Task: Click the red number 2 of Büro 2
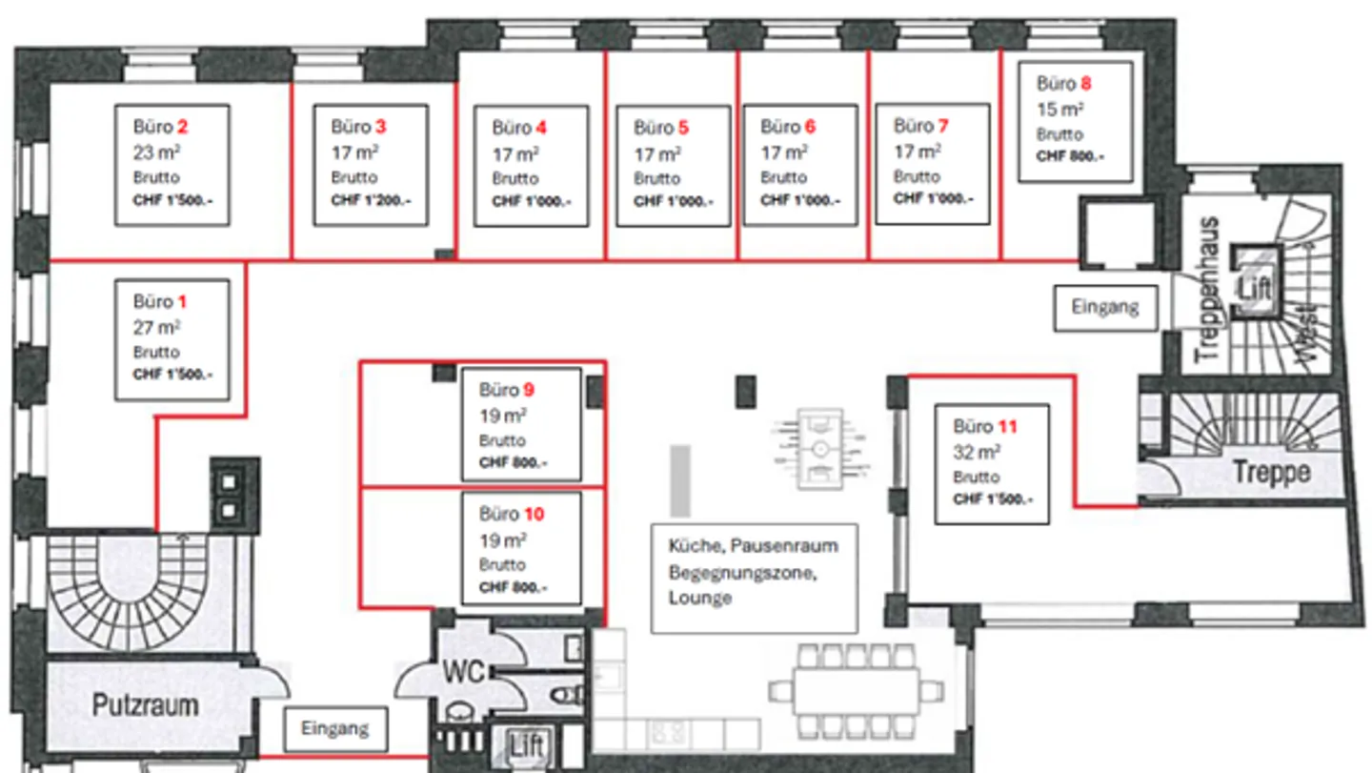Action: [182, 126]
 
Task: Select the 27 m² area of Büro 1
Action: [156, 327]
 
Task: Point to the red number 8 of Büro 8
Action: [1084, 84]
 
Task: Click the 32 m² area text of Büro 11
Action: [977, 452]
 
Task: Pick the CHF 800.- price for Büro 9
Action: [514, 464]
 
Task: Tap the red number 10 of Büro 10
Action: [534, 515]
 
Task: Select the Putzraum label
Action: [146, 705]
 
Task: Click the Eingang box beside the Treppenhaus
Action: [1105, 307]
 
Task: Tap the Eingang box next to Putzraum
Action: [335, 729]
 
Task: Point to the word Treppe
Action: [1271, 472]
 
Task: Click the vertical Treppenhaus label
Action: [1208, 289]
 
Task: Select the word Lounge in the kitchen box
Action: [700, 598]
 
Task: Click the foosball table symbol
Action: [820, 447]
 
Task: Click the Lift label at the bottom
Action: [526, 745]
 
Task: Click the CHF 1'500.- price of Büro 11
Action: [992, 499]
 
